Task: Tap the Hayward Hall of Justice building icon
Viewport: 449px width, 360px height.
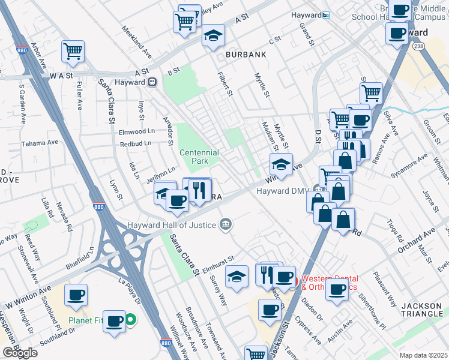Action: click(x=226, y=225)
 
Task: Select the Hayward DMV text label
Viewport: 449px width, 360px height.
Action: click(x=282, y=191)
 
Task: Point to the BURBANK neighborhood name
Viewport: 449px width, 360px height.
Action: click(x=246, y=55)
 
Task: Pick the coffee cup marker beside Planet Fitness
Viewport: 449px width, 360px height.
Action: click(x=114, y=320)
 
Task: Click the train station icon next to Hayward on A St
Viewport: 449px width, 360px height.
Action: click(x=153, y=82)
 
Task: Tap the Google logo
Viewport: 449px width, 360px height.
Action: click(x=20, y=353)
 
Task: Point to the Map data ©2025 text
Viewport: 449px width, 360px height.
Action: click(x=423, y=355)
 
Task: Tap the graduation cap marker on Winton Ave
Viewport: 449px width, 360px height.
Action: click(x=281, y=163)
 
